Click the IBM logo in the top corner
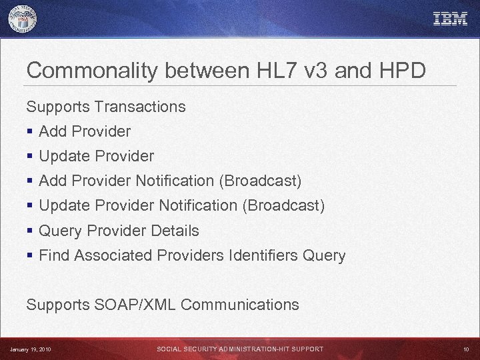[451, 19]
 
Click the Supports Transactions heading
[106, 107]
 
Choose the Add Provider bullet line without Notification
[85, 131]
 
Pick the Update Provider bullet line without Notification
[96, 156]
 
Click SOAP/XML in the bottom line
[136, 305]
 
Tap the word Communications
[240, 305]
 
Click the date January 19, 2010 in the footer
[30, 349]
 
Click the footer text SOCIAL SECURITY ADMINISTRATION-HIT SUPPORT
[240, 349]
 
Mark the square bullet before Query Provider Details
[29, 231]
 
